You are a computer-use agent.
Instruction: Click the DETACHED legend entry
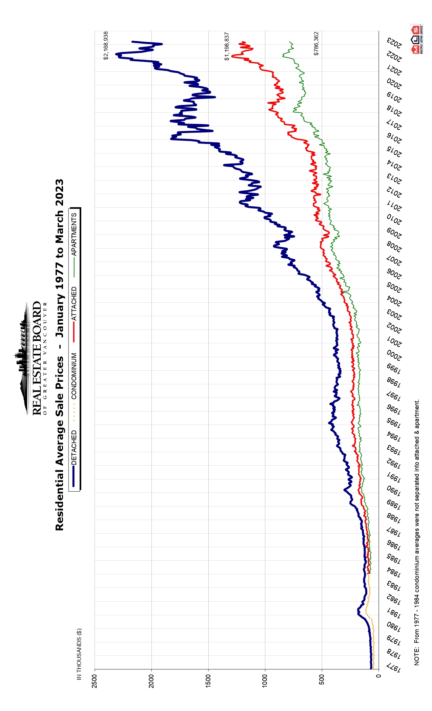[74, 448]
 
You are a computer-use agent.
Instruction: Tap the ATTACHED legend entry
[74, 304]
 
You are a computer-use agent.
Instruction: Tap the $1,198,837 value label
[227, 46]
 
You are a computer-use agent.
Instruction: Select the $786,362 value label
[316, 44]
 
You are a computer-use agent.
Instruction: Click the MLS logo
[416, 39]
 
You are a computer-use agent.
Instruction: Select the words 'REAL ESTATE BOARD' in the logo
[37, 358]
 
